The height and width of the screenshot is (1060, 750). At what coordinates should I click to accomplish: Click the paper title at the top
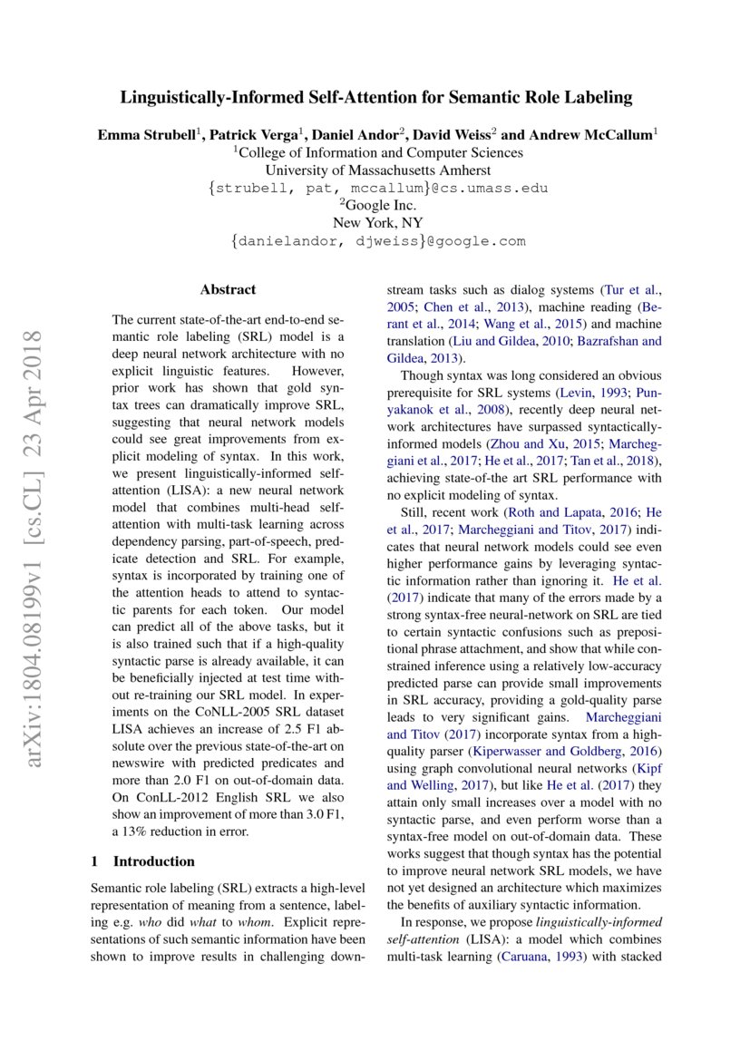(377, 98)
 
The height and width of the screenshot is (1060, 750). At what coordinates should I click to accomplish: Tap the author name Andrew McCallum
(599, 135)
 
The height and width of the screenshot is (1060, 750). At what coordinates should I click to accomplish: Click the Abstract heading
(228, 290)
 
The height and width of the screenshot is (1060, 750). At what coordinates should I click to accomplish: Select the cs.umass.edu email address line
(377, 189)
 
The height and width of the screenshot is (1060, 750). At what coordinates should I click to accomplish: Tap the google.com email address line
(377, 241)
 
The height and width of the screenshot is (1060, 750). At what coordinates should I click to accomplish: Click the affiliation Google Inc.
(377, 206)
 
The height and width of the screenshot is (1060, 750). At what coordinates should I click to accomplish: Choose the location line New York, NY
(377, 223)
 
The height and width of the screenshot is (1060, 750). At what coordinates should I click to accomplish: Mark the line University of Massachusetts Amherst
(377, 170)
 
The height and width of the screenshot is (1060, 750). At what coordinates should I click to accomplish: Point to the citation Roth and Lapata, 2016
(542, 512)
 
